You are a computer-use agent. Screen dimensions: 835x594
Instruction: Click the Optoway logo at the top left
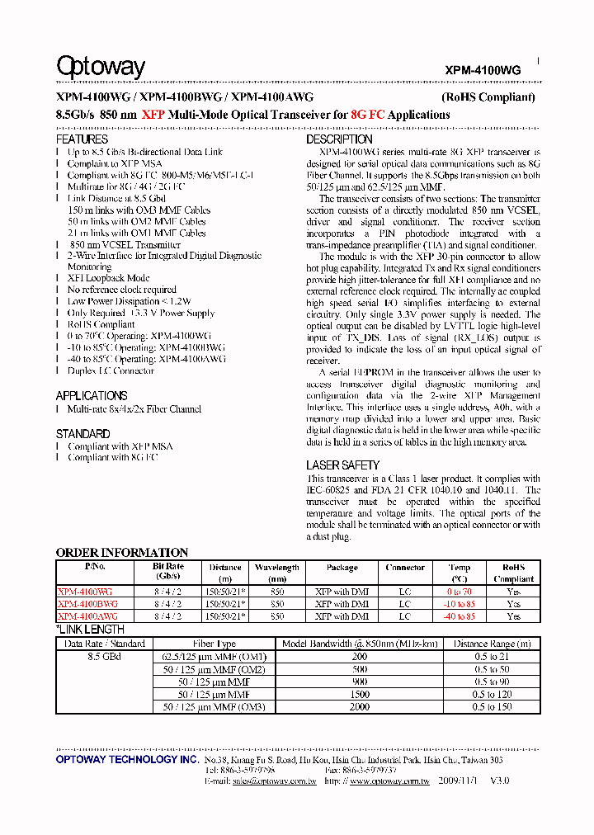100,67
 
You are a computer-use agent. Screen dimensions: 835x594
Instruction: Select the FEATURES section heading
82,139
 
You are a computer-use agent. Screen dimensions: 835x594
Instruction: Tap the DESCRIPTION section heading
339,139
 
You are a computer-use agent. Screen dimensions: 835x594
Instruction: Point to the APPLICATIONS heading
91,396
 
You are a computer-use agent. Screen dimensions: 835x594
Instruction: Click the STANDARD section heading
82,433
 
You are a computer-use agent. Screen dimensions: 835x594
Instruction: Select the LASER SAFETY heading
343,465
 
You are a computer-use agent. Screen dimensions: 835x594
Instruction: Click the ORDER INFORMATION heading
122,552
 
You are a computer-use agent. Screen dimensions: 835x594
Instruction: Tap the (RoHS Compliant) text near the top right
488,97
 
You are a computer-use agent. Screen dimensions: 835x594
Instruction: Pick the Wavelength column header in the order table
276,568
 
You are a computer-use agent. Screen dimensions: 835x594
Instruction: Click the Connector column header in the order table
405,568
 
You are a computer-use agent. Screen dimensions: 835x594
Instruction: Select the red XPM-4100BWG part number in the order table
87,604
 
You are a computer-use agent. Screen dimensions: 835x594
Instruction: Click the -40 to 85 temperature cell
460,616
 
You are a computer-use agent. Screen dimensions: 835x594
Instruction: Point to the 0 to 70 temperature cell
460,592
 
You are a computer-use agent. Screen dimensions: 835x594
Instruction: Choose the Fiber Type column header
214,644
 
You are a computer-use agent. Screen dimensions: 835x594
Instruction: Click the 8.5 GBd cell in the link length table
104,657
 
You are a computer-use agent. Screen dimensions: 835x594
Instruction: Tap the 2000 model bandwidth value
360,707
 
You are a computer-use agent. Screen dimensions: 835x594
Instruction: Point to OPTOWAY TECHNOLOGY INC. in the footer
127,759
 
